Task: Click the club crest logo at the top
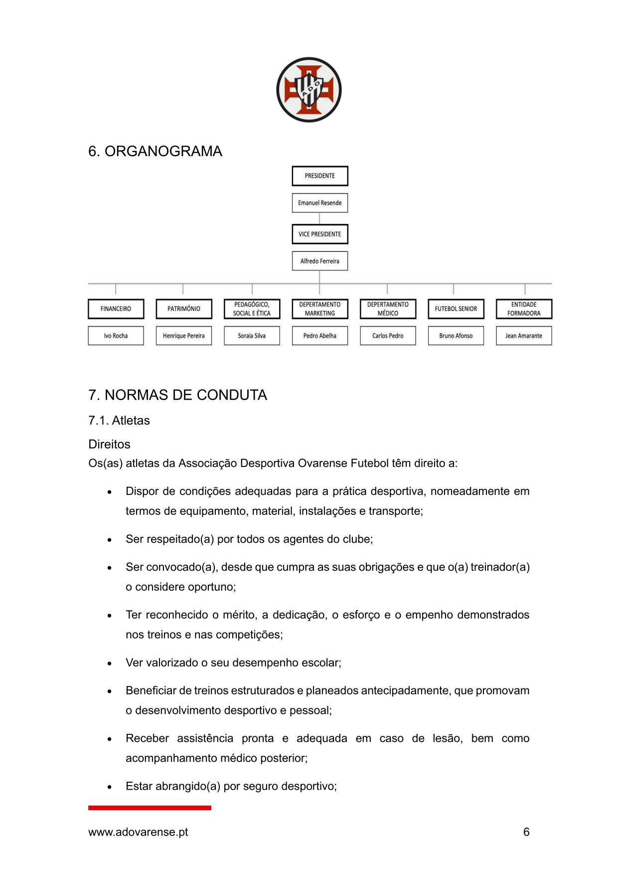tap(309, 90)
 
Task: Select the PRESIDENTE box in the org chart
tap(320, 176)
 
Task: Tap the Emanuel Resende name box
tap(320, 203)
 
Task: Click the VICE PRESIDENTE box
tap(320, 234)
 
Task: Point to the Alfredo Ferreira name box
tap(320, 261)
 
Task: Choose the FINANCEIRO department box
tap(116, 309)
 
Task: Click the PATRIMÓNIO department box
tap(184, 309)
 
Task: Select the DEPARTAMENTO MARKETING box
tap(320, 309)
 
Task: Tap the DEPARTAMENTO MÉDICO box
tap(388, 309)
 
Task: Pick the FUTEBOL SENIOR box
tap(456, 309)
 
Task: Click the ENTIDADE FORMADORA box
tap(524, 309)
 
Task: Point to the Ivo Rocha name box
tap(116, 336)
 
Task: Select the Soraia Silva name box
tap(252, 336)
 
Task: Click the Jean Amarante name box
tap(524, 336)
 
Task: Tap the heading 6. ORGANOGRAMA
tap(155, 151)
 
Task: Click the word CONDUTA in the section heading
tap(232, 395)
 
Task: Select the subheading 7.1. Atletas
tap(119, 421)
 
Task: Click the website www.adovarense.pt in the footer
tap(138, 832)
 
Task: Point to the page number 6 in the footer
tap(526, 832)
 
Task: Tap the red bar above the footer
tap(150, 808)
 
